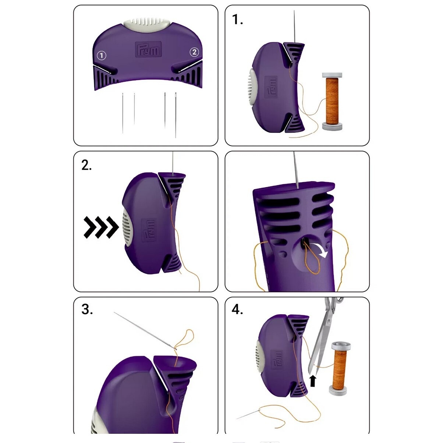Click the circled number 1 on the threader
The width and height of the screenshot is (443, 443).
click(102, 56)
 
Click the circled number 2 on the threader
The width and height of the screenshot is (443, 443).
click(194, 52)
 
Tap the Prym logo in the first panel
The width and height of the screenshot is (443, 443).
click(148, 49)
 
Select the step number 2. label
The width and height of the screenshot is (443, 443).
click(87, 165)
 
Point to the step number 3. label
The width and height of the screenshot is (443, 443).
click(87, 309)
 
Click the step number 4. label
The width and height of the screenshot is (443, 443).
click(237, 309)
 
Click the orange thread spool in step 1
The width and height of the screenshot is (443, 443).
click(332, 102)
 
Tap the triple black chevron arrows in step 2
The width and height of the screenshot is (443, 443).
click(101, 227)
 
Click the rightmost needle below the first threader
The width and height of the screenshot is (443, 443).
click(176, 115)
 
